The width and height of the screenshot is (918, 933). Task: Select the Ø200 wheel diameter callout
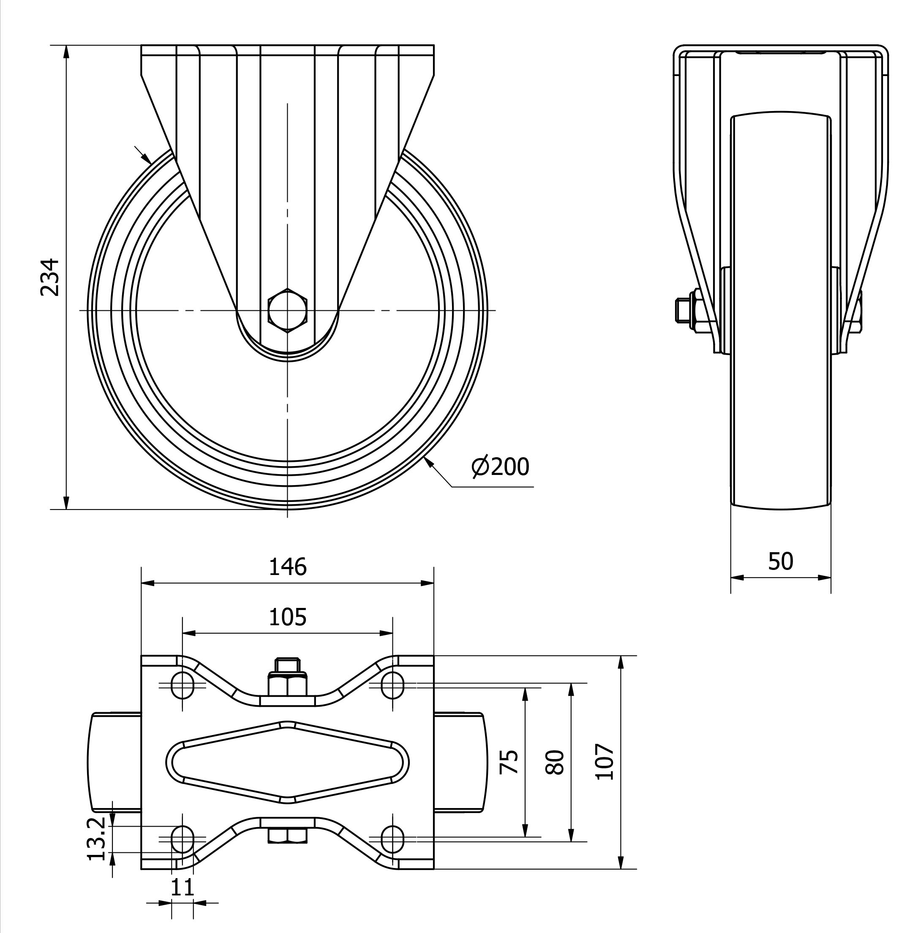point(500,466)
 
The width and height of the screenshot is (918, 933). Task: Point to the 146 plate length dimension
point(287,567)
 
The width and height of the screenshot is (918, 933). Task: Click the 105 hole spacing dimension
point(287,617)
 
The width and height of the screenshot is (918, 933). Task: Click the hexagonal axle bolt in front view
point(287,311)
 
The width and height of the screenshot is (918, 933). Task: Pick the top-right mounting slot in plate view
point(392,685)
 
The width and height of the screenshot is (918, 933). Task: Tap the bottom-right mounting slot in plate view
point(392,839)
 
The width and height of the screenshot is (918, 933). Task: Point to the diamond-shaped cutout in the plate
point(287,762)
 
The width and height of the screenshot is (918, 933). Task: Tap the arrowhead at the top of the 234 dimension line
point(66,52)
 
